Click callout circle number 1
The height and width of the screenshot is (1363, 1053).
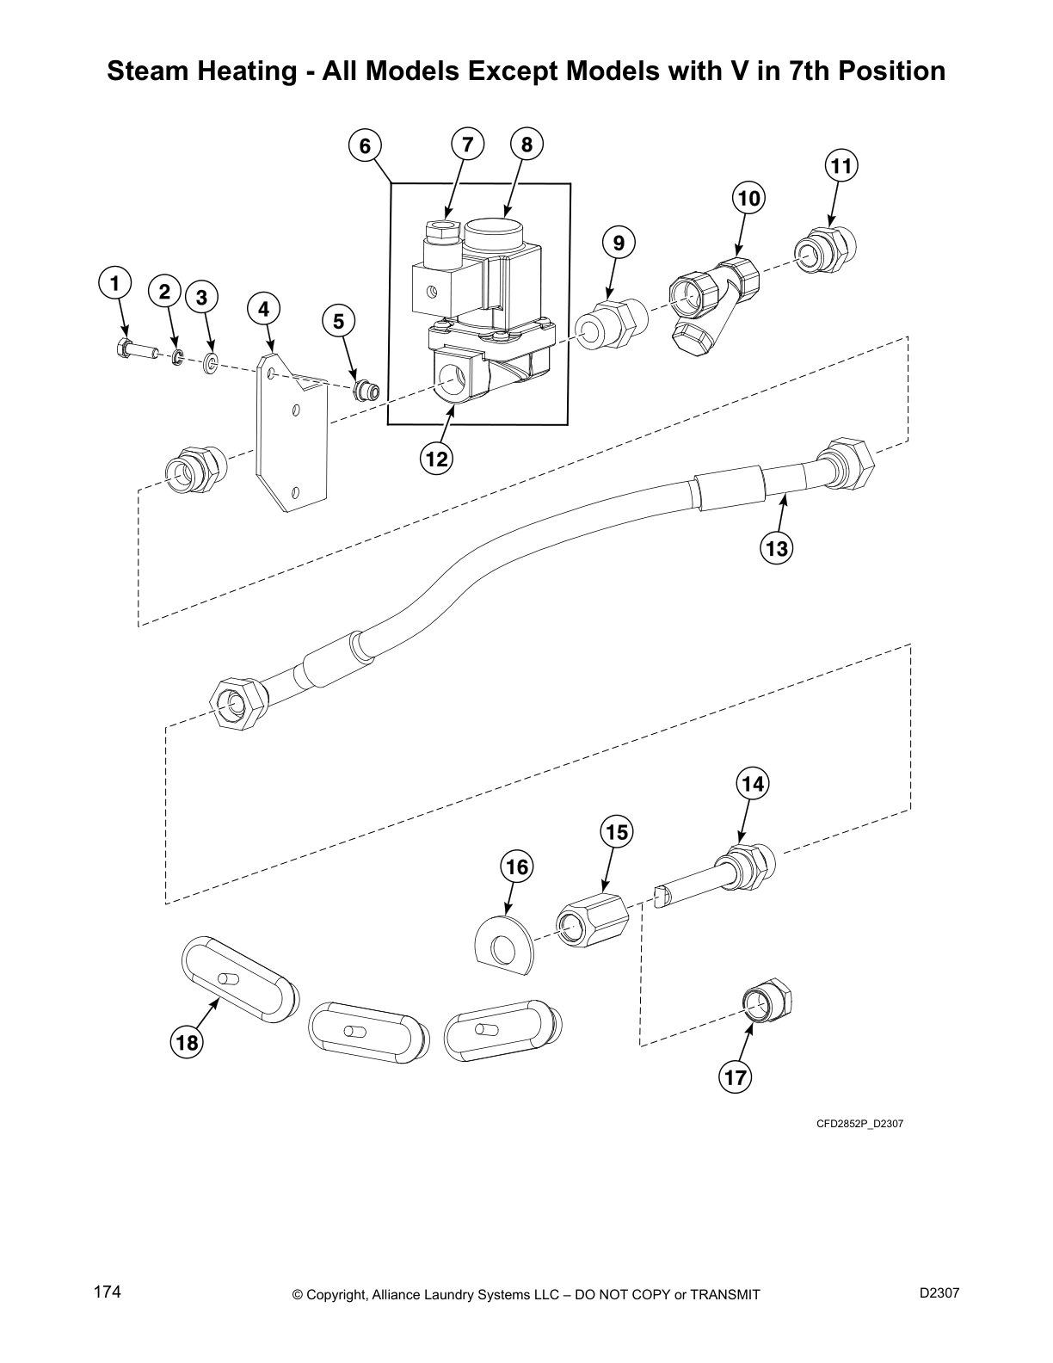pos(114,283)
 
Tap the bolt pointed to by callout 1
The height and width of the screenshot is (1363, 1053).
pos(133,349)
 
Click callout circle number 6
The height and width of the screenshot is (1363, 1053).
pos(366,146)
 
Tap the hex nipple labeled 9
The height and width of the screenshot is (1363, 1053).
pos(612,324)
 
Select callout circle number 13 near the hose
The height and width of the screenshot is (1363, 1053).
pos(776,546)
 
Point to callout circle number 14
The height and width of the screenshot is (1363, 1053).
pos(753,784)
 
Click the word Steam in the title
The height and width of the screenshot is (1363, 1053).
pos(145,71)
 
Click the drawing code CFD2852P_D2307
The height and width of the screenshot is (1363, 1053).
pos(859,1123)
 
